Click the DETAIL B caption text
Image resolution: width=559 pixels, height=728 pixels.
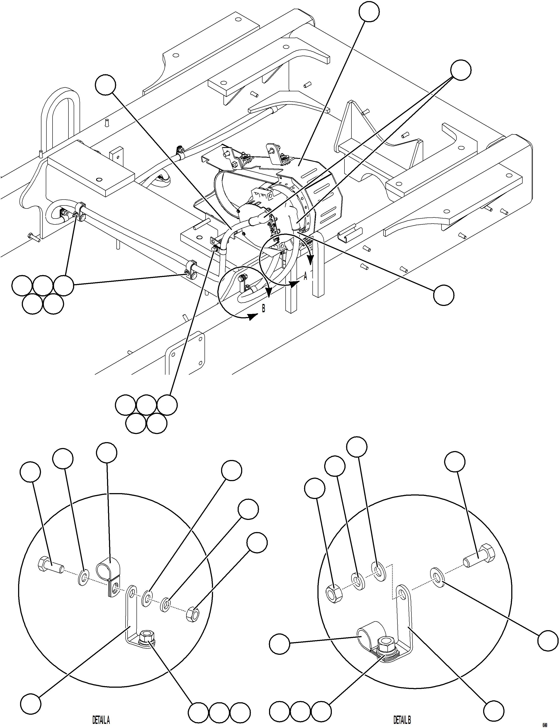click(x=402, y=717)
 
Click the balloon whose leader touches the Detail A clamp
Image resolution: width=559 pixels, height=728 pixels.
click(x=106, y=453)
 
